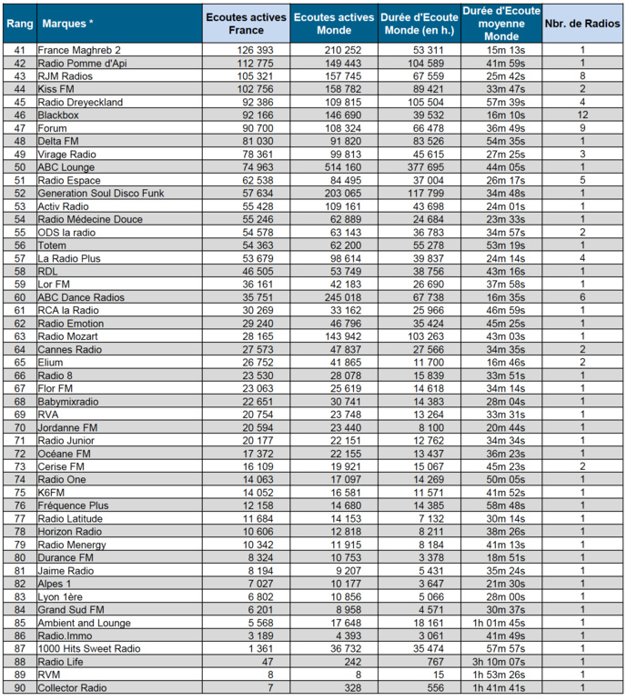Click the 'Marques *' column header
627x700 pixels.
point(66,24)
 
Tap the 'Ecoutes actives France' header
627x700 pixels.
point(246,24)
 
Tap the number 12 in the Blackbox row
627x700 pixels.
point(581,115)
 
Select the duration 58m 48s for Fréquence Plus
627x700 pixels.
point(491,505)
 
